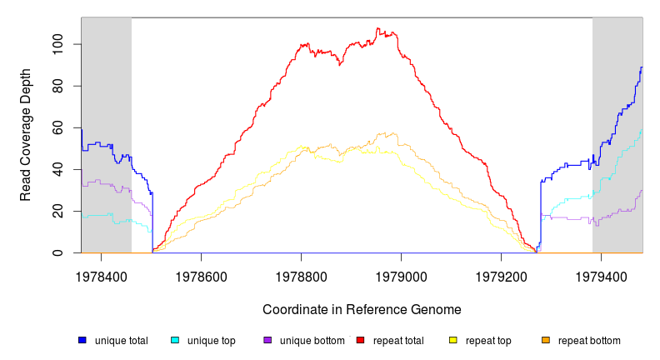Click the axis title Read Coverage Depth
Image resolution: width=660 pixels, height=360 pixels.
coord(26,135)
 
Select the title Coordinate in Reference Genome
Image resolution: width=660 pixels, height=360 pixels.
coord(362,310)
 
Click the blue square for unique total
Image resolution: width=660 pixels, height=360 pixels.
coord(82,340)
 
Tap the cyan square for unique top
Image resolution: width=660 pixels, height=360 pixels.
coord(175,340)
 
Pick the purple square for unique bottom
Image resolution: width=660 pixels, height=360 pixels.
coord(267,340)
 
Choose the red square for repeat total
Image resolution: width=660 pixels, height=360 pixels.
coord(360,340)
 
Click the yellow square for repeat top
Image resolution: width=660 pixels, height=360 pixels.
coord(453,340)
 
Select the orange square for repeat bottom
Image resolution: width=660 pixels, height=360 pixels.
coord(546,340)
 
